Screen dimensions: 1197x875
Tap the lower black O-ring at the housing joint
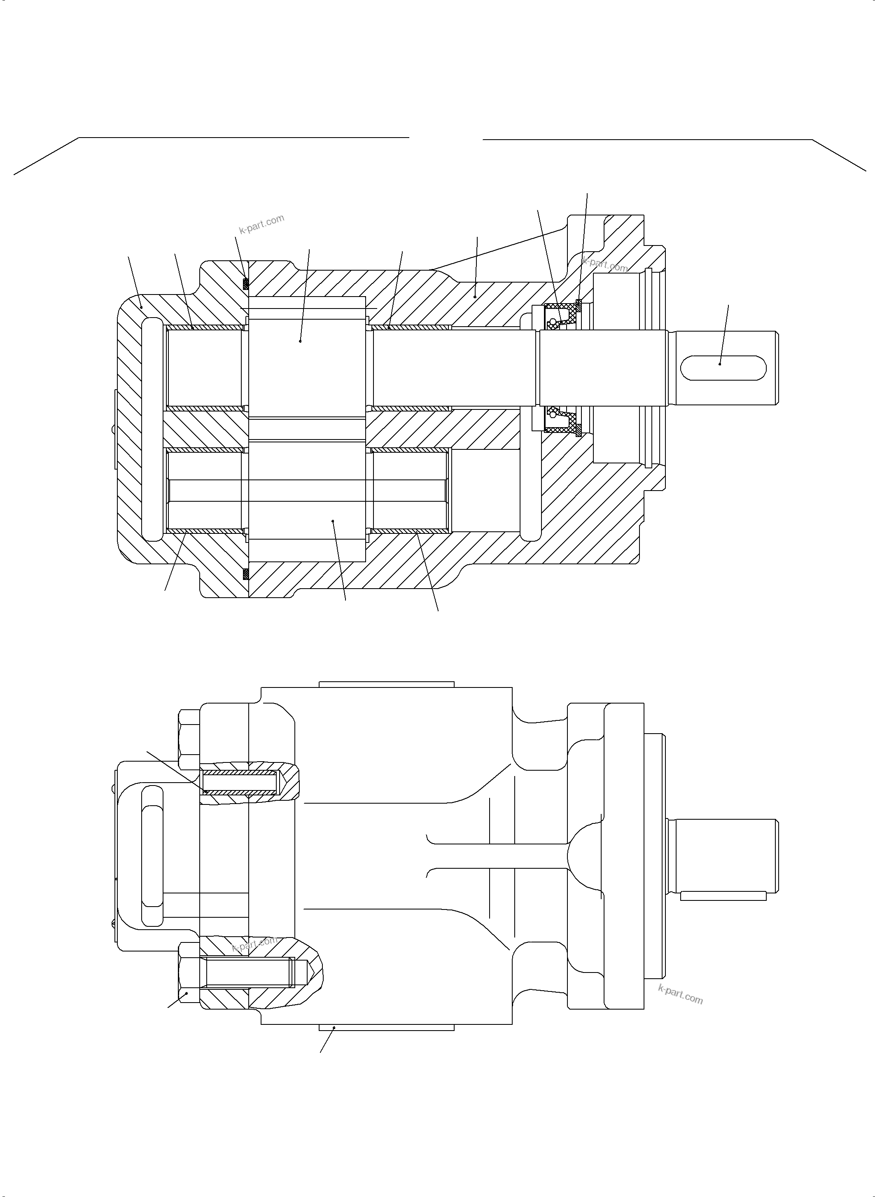[245, 574]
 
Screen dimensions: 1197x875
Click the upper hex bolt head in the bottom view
[189, 740]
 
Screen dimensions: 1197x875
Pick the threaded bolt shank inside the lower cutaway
[249, 973]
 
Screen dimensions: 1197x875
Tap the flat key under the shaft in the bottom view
[723, 895]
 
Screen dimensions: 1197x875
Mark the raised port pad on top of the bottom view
[386, 684]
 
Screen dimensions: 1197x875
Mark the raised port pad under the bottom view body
[386, 1027]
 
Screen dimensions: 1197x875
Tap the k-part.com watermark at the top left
[261, 224]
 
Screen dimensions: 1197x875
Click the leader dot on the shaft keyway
[720, 364]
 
